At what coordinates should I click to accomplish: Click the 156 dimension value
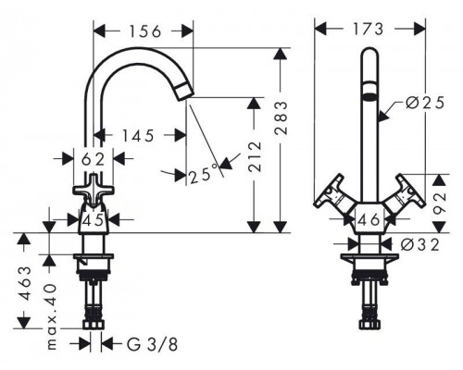click(145, 31)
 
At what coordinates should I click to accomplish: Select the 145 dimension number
click(138, 136)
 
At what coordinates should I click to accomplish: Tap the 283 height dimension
click(281, 118)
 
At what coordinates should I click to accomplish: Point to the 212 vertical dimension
click(255, 156)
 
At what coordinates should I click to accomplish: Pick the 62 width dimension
click(93, 159)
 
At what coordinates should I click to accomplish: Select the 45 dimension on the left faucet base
click(93, 220)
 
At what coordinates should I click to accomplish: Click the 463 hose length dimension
click(25, 283)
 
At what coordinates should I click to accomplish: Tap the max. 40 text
click(52, 316)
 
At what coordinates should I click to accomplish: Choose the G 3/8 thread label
click(153, 344)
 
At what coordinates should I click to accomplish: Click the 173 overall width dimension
click(369, 30)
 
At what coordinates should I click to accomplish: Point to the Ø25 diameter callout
click(425, 103)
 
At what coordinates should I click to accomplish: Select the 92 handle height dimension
click(439, 203)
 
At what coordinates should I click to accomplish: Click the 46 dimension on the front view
click(369, 220)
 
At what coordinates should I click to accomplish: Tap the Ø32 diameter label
click(420, 245)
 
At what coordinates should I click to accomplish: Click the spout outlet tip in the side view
click(185, 93)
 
